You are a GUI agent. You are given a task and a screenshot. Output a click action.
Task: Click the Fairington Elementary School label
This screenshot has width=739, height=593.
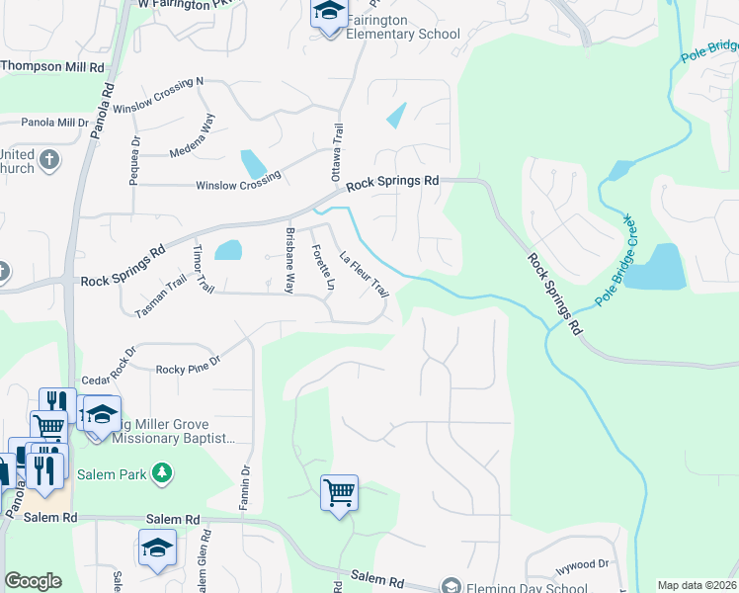[403, 27]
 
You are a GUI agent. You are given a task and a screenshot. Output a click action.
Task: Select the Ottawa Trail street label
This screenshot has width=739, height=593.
[337, 151]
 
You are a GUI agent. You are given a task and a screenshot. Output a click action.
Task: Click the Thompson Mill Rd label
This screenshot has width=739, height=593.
[51, 67]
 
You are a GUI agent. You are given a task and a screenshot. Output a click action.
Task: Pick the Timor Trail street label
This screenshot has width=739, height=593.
[204, 268]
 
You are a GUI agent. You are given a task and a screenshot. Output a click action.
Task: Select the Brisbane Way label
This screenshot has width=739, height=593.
[289, 261]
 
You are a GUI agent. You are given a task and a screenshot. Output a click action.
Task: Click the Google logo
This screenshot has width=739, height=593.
[32, 581]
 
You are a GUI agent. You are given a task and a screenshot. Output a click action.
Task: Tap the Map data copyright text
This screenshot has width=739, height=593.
[697, 585]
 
